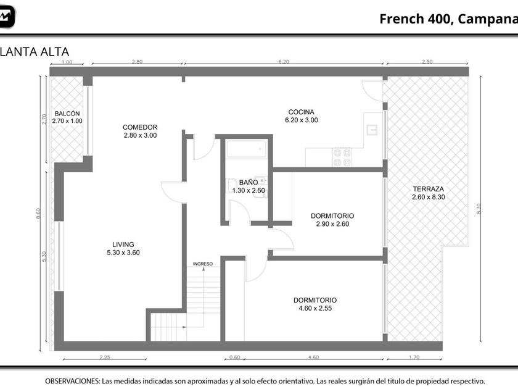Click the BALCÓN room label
[x=67, y=114]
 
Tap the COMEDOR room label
[x=140, y=127]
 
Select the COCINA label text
[x=302, y=112]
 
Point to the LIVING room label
[x=123, y=245]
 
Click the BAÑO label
[x=249, y=182]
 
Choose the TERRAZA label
[x=429, y=189]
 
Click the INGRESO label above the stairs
[x=203, y=264]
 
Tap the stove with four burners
[x=342, y=157]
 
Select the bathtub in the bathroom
[x=247, y=149]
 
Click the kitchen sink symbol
[x=372, y=130]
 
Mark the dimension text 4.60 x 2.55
[x=315, y=308]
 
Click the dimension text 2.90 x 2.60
[x=332, y=224]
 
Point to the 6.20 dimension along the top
[x=284, y=62]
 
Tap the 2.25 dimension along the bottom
[x=105, y=358]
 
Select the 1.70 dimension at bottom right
[x=414, y=358]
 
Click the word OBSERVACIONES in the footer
[x=72, y=381]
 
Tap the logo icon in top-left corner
[x=6, y=17]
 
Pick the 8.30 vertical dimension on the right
[x=479, y=209]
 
